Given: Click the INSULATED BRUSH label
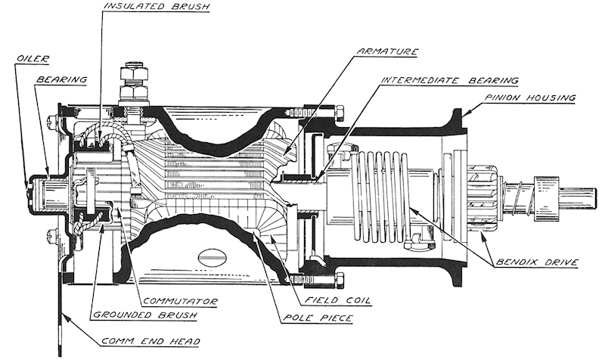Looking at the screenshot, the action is [157, 7].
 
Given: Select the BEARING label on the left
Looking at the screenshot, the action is [61, 79].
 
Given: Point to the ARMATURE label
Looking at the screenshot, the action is [387, 51].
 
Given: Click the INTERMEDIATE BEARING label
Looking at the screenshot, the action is [449, 80].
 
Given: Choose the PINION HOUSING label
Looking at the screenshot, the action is [530, 98].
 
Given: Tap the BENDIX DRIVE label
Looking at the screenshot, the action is [537, 262].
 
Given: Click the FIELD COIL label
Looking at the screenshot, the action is [337, 299].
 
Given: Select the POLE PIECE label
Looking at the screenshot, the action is [318, 318].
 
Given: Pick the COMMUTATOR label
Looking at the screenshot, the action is [181, 301].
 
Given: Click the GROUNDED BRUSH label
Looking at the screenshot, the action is [145, 315].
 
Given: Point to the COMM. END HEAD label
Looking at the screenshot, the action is [150, 342].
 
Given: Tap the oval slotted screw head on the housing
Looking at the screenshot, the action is [213, 257].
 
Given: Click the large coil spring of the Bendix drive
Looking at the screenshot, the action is [381, 200].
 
